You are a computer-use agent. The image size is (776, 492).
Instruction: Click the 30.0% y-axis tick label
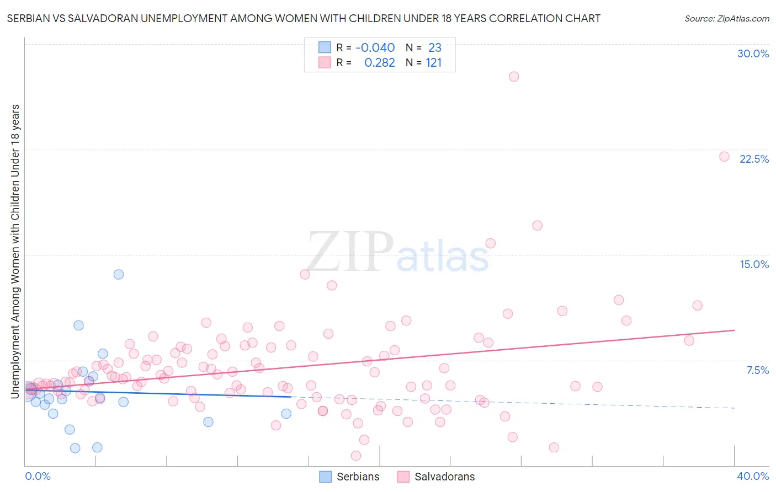pyautogui.click(x=753, y=54)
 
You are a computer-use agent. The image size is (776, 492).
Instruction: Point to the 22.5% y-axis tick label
pyautogui.click(x=754, y=159)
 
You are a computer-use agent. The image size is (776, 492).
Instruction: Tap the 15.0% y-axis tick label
pyautogui.click(x=754, y=264)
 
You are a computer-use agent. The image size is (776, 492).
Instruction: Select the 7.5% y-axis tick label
pyautogui.click(x=757, y=370)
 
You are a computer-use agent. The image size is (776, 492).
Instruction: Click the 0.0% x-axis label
pyautogui.click(x=38, y=476)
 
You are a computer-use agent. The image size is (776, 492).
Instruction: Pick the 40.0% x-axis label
pyautogui.click(x=752, y=476)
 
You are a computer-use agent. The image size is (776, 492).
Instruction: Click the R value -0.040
pyautogui.click(x=375, y=48)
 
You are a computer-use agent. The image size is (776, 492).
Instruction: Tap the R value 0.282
pyautogui.click(x=379, y=63)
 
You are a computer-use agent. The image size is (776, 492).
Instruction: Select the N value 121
pyautogui.click(x=433, y=63)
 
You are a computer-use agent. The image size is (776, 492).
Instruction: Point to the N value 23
pyautogui.click(x=434, y=48)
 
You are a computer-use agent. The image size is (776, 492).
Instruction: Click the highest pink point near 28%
pyautogui.click(x=514, y=77)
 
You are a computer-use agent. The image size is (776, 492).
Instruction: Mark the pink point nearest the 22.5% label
pyautogui.click(x=724, y=157)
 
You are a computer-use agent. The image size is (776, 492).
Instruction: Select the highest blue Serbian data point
pyautogui.click(x=119, y=274)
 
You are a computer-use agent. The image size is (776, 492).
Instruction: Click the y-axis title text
pyautogui.click(x=15, y=251)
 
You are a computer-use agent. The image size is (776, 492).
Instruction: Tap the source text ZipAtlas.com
pyautogui.click(x=726, y=19)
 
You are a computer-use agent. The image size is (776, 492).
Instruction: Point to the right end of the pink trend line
pyautogui.click(x=734, y=330)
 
